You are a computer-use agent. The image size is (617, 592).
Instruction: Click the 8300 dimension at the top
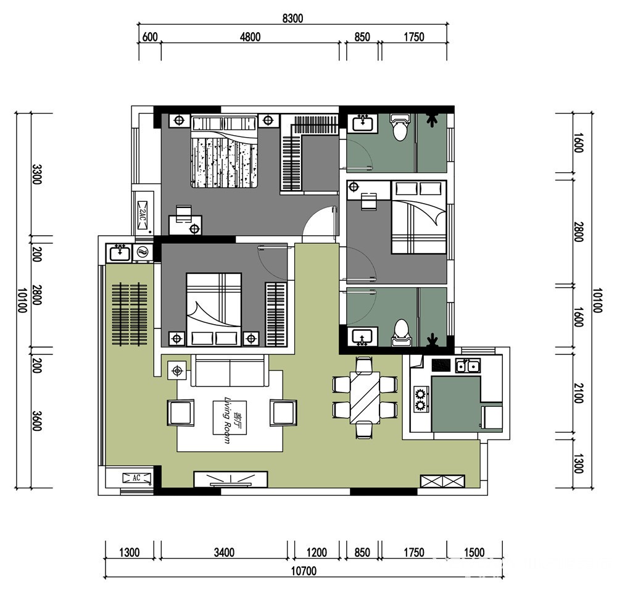(292, 19)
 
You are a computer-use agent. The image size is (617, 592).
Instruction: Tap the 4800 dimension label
(251, 37)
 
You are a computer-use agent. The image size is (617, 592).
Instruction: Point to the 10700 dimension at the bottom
(304, 571)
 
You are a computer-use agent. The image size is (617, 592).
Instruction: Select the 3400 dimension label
(225, 552)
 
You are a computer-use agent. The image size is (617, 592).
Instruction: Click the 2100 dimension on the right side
(578, 393)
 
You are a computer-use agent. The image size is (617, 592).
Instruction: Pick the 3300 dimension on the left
(36, 174)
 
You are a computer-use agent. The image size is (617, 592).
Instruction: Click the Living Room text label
(228, 420)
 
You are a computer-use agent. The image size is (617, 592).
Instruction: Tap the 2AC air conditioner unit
(143, 215)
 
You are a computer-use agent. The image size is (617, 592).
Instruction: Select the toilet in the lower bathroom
(401, 333)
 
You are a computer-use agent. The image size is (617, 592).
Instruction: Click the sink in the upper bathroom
(360, 123)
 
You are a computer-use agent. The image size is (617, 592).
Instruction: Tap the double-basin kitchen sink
(468, 365)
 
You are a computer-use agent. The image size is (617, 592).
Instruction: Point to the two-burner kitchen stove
(421, 399)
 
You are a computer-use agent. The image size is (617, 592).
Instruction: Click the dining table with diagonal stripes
(365, 397)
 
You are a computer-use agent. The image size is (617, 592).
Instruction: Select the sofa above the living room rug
(230, 370)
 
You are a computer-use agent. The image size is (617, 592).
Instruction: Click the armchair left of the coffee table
(181, 412)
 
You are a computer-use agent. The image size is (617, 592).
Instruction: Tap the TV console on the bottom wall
(231, 480)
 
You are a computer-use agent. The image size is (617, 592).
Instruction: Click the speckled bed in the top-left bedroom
(225, 151)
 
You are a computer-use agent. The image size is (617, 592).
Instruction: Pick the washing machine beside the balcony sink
(143, 252)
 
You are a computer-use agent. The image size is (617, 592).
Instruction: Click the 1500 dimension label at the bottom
(474, 552)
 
